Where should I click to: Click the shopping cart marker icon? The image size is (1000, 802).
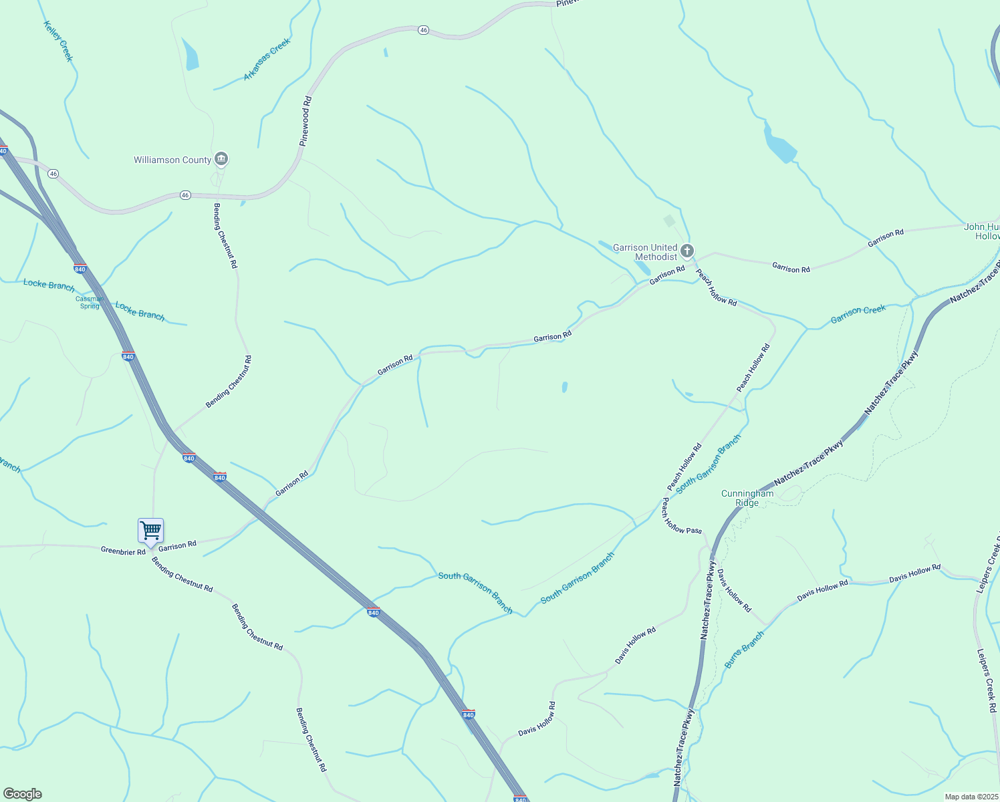click(151, 531)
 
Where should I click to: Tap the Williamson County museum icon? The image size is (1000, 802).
click(221, 159)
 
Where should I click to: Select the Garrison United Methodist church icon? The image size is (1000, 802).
click(687, 251)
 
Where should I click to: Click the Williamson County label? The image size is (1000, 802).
click(172, 160)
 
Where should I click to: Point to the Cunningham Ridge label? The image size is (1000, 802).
click(747, 498)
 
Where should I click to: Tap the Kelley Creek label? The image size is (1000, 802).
click(57, 41)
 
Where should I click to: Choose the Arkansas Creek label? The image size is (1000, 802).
click(267, 59)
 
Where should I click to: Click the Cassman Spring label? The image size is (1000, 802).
click(90, 303)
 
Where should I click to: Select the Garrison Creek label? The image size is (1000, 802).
click(858, 314)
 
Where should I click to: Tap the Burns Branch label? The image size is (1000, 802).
click(744, 650)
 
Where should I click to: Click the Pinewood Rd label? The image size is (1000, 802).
click(305, 121)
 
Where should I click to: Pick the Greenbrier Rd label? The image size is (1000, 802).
click(123, 551)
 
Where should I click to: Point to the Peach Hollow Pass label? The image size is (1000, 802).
click(681, 516)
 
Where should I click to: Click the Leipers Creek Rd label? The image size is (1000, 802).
click(987, 680)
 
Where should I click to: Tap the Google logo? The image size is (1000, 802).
click(22, 794)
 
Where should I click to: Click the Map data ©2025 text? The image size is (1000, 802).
click(971, 797)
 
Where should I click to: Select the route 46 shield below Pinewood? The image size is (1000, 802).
click(185, 195)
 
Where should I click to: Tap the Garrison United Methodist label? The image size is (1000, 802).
click(645, 252)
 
